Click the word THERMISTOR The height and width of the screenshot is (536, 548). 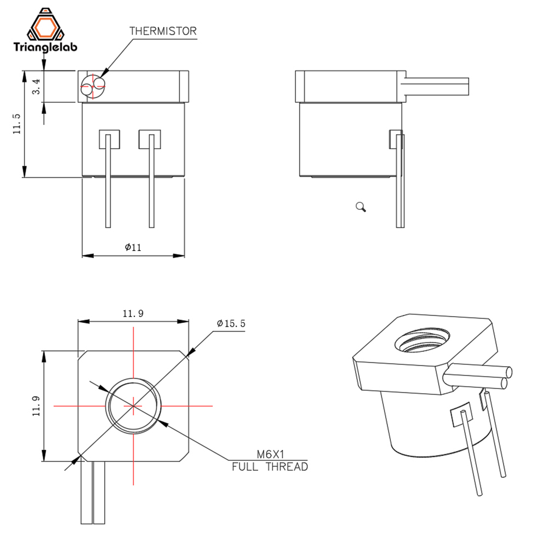coord(162,31)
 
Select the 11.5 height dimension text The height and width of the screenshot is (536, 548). coord(16,123)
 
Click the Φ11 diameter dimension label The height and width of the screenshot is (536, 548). coord(133,247)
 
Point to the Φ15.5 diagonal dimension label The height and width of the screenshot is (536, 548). coord(231,323)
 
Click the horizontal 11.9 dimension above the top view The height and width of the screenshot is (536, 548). coord(133,313)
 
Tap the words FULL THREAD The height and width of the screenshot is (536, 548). coord(270,467)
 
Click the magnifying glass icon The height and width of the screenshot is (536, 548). coord(361,207)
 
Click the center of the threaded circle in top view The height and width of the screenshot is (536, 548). coord(133,406)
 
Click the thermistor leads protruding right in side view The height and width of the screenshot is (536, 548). coord(437,87)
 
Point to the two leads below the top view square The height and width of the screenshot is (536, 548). coord(93,493)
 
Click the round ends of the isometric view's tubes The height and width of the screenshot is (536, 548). coord(507,378)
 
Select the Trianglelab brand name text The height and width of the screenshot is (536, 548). coord(45,47)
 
